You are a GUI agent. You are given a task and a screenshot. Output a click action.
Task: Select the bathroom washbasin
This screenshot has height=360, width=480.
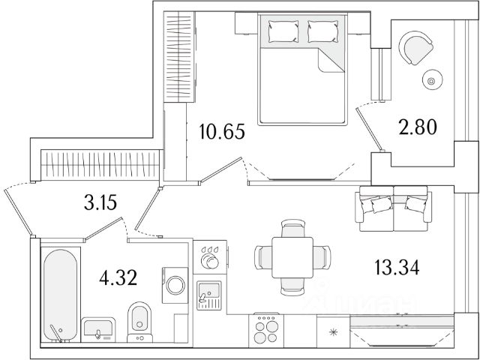coord(97,328)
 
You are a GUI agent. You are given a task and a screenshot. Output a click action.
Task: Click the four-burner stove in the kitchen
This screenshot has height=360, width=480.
coord(267,328)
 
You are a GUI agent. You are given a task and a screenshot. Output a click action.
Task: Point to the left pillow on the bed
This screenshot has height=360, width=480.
coord(279,31)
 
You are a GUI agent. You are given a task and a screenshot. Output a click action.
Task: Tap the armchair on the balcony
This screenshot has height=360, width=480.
coord(415,46)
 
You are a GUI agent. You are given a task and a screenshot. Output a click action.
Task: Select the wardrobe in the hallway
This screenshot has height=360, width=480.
coord(101,162)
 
